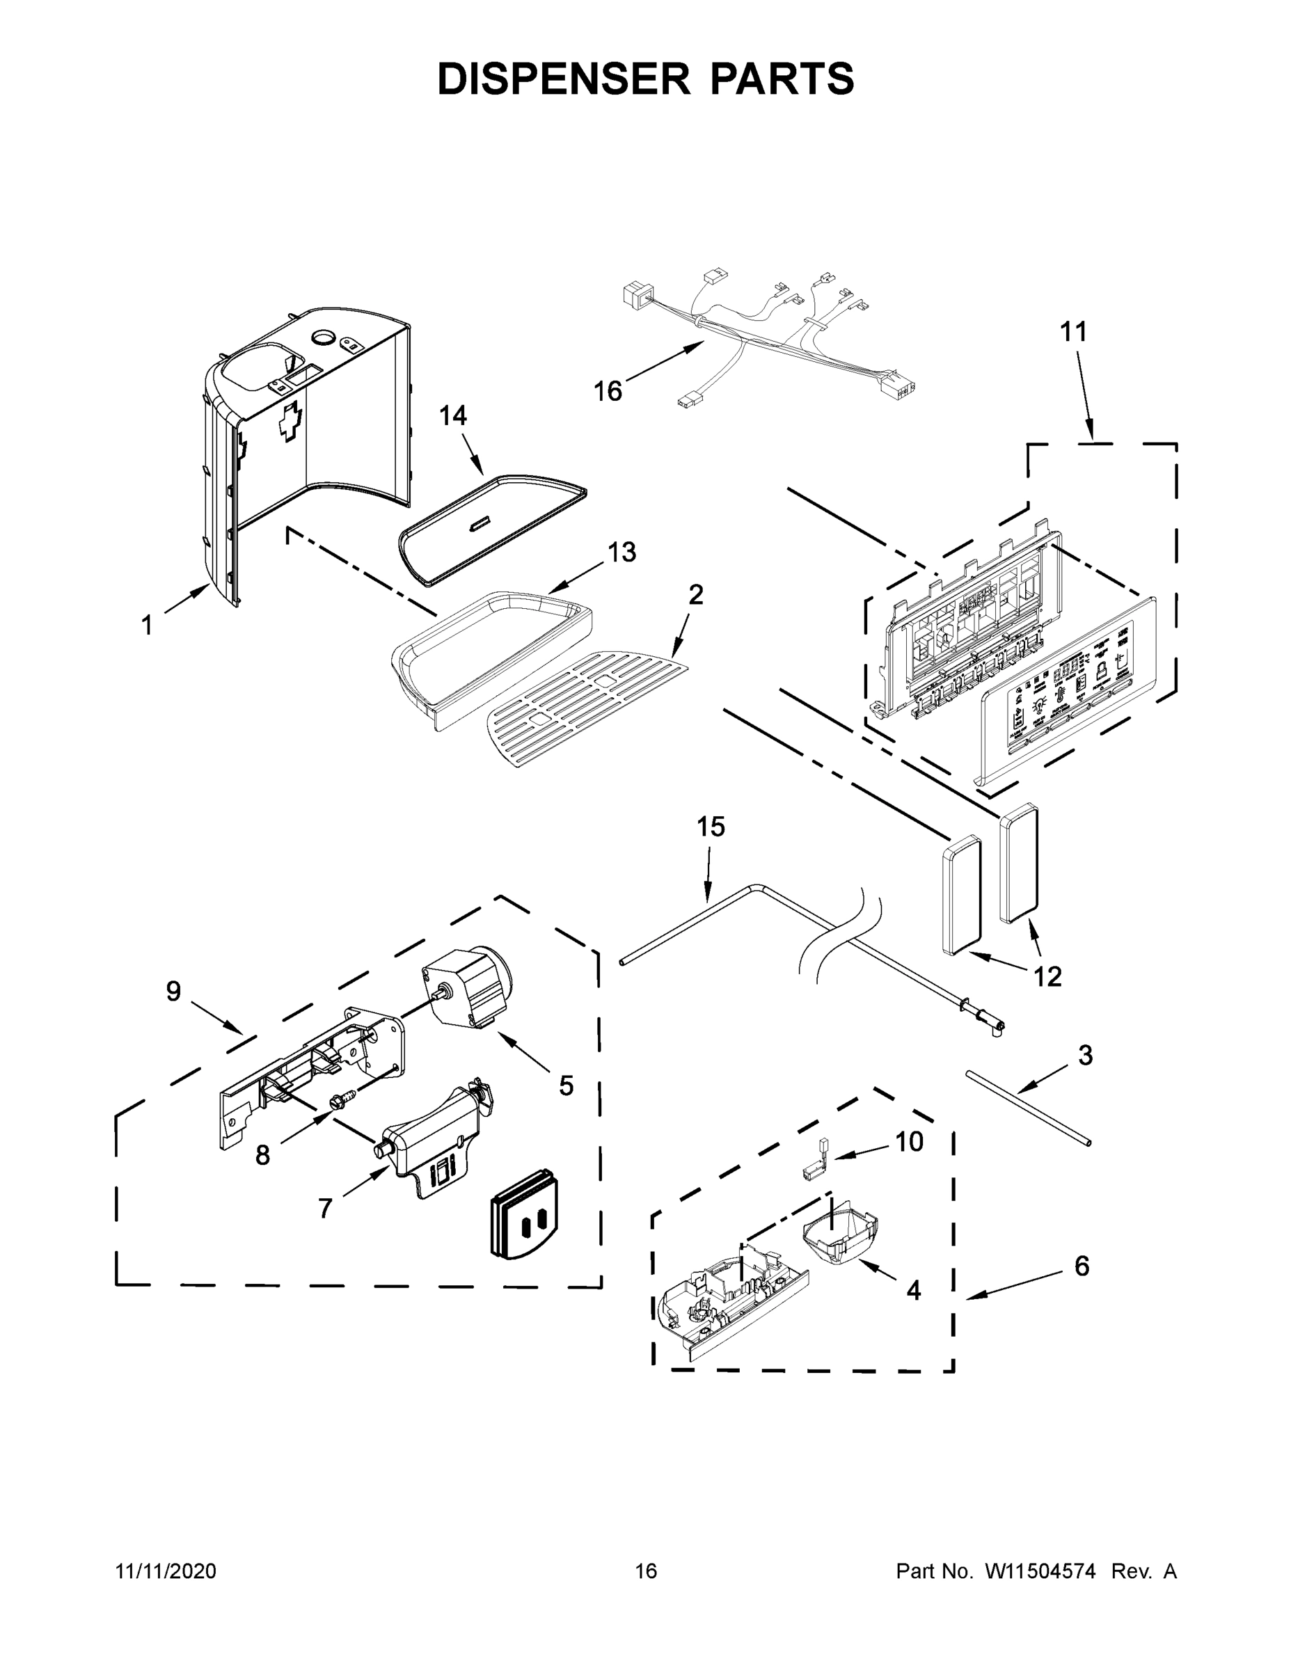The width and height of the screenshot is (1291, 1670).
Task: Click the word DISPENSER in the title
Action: pyautogui.click(x=563, y=79)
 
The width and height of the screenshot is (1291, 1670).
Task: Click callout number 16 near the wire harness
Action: pyautogui.click(x=608, y=392)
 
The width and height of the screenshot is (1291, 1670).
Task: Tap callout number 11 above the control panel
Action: pyautogui.click(x=1073, y=332)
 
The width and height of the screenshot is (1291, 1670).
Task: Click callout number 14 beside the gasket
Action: pyautogui.click(x=453, y=416)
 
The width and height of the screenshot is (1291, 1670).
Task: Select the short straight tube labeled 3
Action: pyautogui.click(x=1028, y=1107)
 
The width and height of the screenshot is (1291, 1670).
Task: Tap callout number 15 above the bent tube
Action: pyautogui.click(x=711, y=827)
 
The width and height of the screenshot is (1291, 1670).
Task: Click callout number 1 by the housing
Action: pyautogui.click(x=147, y=626)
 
